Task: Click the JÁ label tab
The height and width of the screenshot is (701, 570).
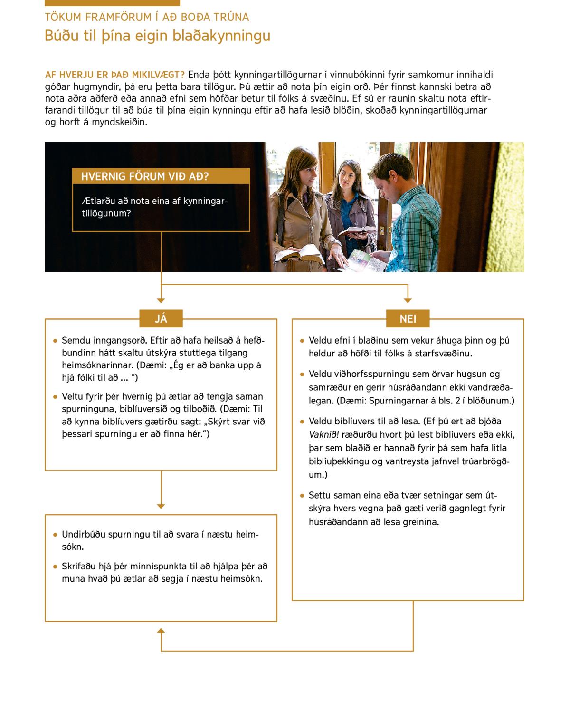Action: pyautogui.click(x=161, y=319)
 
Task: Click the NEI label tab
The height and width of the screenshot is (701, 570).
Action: pyautogui.click(x=408, y=319)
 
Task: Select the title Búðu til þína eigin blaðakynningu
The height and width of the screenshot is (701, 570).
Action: pyautogui.click(x=157, y=36)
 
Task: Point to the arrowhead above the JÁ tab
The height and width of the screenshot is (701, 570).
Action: pyautogui.click(x=161, y=300)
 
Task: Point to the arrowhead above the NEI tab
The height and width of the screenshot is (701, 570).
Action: pyautogui.click(x=408, y=300)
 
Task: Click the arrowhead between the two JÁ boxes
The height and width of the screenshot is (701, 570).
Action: pyautogui.click(x=161, y=506)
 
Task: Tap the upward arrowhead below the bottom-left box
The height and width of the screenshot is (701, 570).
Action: pyautogui.click(x=161, y=631)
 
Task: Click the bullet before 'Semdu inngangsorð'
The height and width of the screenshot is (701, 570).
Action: pyautogui.click(x=56, y=341)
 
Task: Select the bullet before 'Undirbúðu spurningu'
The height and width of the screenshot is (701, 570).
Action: pyautogui.click(x=56, y=535)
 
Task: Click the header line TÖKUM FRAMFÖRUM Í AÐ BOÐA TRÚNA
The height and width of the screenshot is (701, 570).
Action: pyautogui.click(x=147, y=17)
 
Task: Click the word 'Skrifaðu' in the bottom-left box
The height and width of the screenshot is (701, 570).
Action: pyautogui.click(x=78, y=567)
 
